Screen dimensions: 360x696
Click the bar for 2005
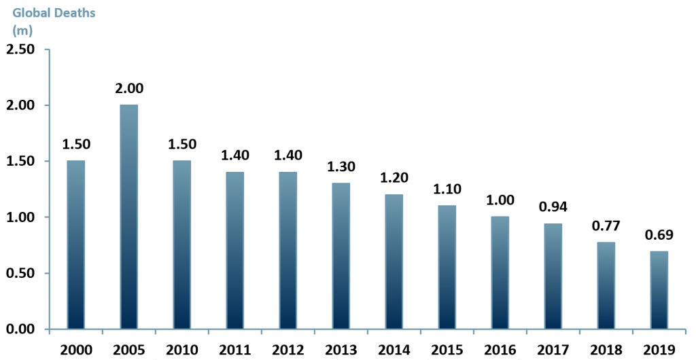(x=129, y=217)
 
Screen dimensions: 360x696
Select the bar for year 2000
(x=76, y=245)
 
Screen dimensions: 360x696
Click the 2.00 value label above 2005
(x=129, y=88)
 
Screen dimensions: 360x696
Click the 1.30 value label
(x=341, y=167)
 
